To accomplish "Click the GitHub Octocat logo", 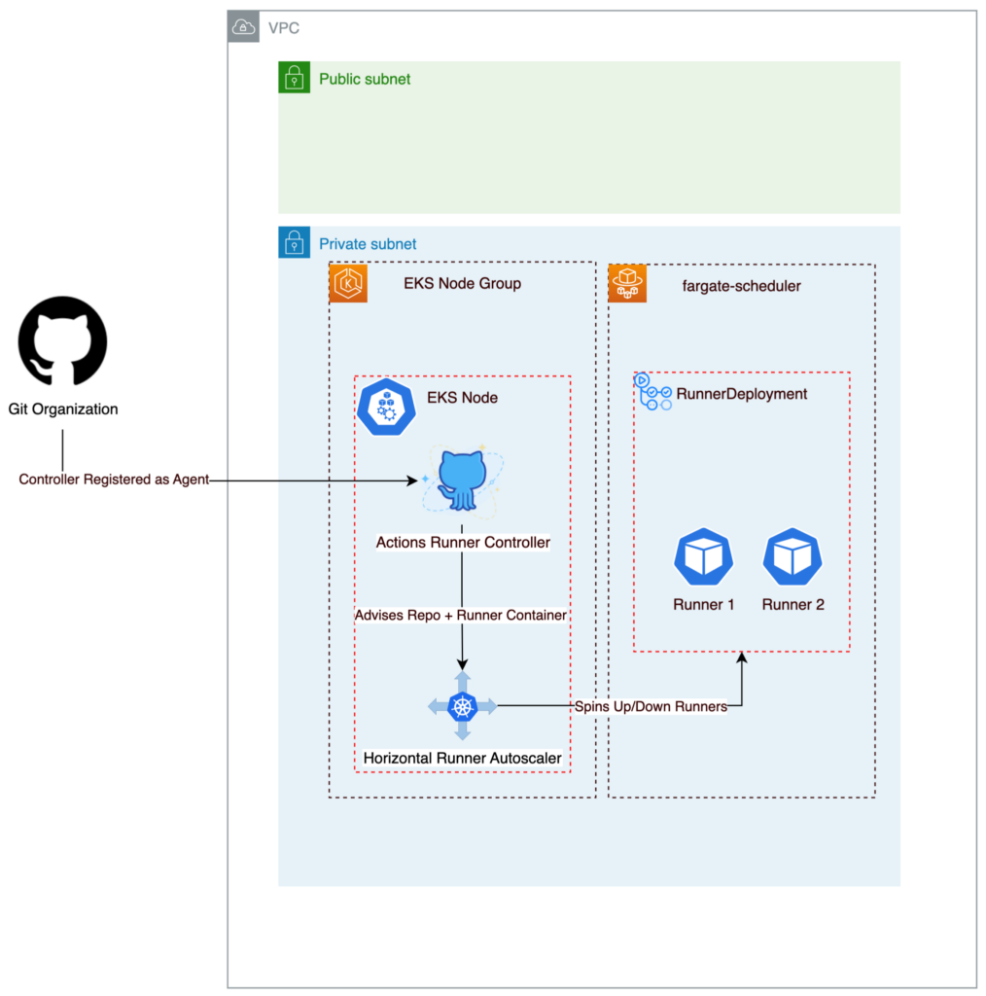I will (x=62, y=341).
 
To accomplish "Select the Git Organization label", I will (x=63, y=409).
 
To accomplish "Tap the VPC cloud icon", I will (x=243, y=27).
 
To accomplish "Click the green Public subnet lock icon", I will (x=294, y=78).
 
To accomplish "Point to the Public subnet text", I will (x=365, y=79).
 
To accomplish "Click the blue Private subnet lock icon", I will (x=294, y=243).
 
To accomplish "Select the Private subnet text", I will (x=368, y=244).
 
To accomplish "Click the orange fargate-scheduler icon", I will (x=626, y=284).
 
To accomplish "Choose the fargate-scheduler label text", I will (x=742, y=286).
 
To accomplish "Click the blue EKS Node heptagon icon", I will (x=386, y=407).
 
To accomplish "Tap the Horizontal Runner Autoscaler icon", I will (x=462, y=706).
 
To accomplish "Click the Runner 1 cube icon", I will (x=703, y=557).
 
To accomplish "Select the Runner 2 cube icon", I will (x=792, y=557).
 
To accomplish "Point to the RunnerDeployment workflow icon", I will (x=652, y=392).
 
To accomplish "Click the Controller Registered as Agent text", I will (x=114, y=480).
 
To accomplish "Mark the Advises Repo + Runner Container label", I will (x=461, y=615).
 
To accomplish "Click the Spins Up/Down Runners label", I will (x=651, y=707).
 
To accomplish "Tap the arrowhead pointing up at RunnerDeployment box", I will (x=742, y=659).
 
